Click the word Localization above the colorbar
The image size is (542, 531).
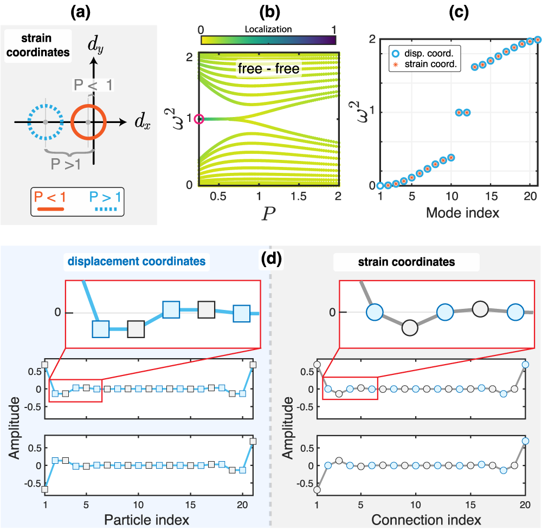coord(268,29)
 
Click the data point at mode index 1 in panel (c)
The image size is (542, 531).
coord(380,186)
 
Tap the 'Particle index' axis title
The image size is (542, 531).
coord(147,521)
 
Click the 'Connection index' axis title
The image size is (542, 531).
coord(426,521)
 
